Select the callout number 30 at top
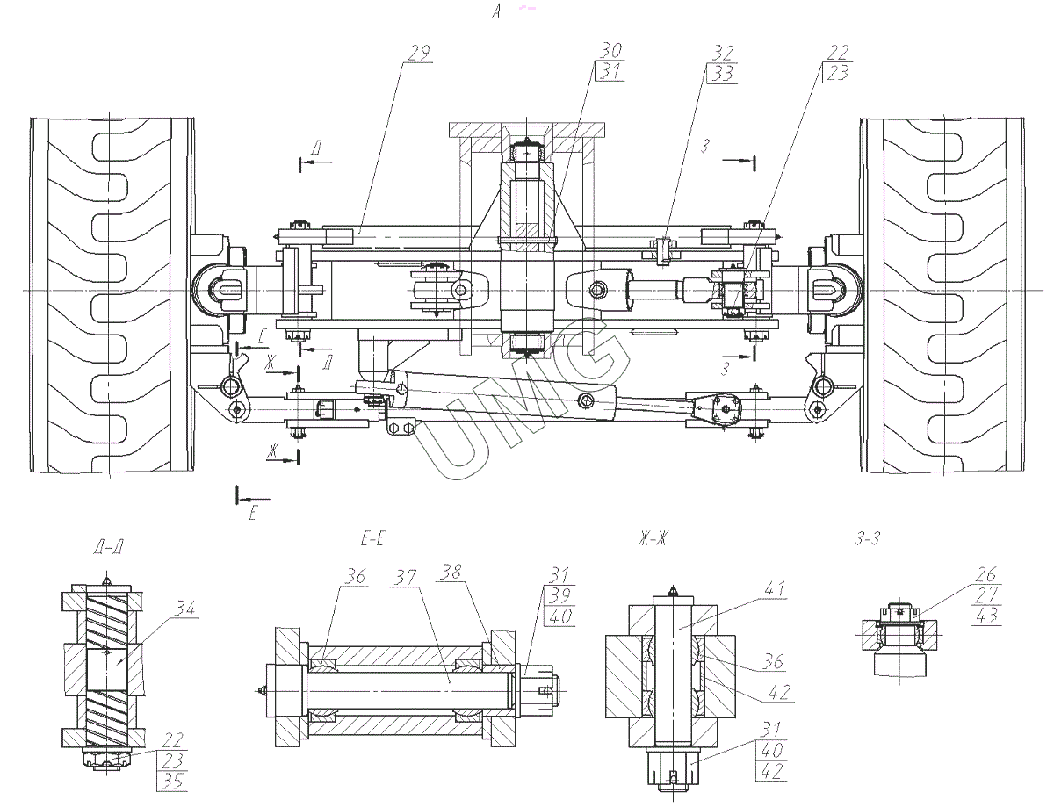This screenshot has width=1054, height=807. (x=609, y=51)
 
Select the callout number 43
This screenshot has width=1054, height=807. (x=985, y=616)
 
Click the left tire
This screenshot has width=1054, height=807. (x=111, y=297)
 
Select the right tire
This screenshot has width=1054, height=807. (x=942, y=297)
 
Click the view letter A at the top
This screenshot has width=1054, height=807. (x=498, y=11)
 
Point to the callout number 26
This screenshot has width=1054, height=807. (x=985, y=575)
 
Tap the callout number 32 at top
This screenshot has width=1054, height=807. (x=723, y=52)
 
